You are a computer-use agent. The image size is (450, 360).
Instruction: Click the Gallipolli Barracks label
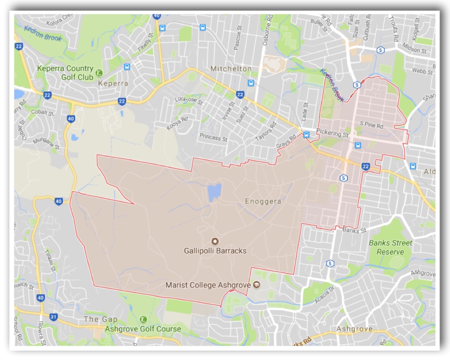click(215, 251)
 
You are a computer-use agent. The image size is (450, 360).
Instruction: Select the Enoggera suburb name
click(263, 201)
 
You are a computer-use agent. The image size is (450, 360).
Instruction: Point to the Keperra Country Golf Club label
click(65, 73)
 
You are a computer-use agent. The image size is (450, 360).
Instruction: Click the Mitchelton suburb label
click(231, 69)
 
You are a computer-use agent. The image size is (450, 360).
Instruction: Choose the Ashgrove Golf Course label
click(143, 329)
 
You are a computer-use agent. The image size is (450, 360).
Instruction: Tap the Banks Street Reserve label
click(391, 247)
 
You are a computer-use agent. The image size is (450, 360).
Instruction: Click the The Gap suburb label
click(101, 319)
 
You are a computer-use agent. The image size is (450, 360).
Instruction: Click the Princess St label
click(214, 137)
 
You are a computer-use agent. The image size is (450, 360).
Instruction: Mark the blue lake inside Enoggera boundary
click(214, 193)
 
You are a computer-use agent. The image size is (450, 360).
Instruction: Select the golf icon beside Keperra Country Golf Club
click(99, 73)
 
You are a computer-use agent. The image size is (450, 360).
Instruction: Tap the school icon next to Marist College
click(256, 284)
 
